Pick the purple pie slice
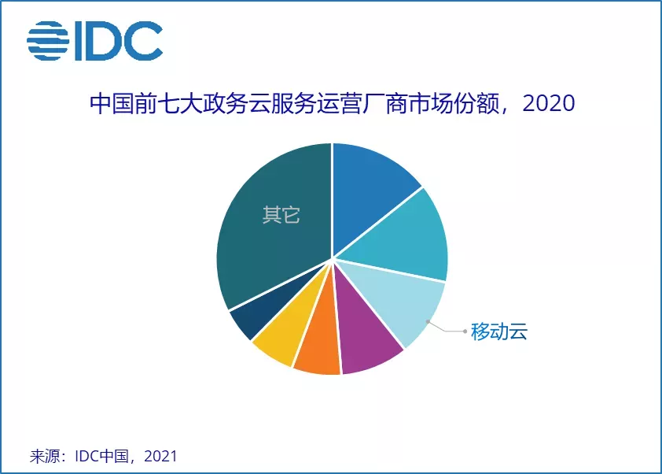[364, 334]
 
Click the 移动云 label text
[499, 331]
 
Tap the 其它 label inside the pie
[281, 215]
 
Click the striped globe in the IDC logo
[48, 41]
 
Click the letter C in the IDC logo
[143, 41]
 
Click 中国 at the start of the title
[112, 104]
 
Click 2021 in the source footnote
[160, 456]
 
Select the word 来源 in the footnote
[44, 456]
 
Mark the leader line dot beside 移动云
[465, 331]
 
